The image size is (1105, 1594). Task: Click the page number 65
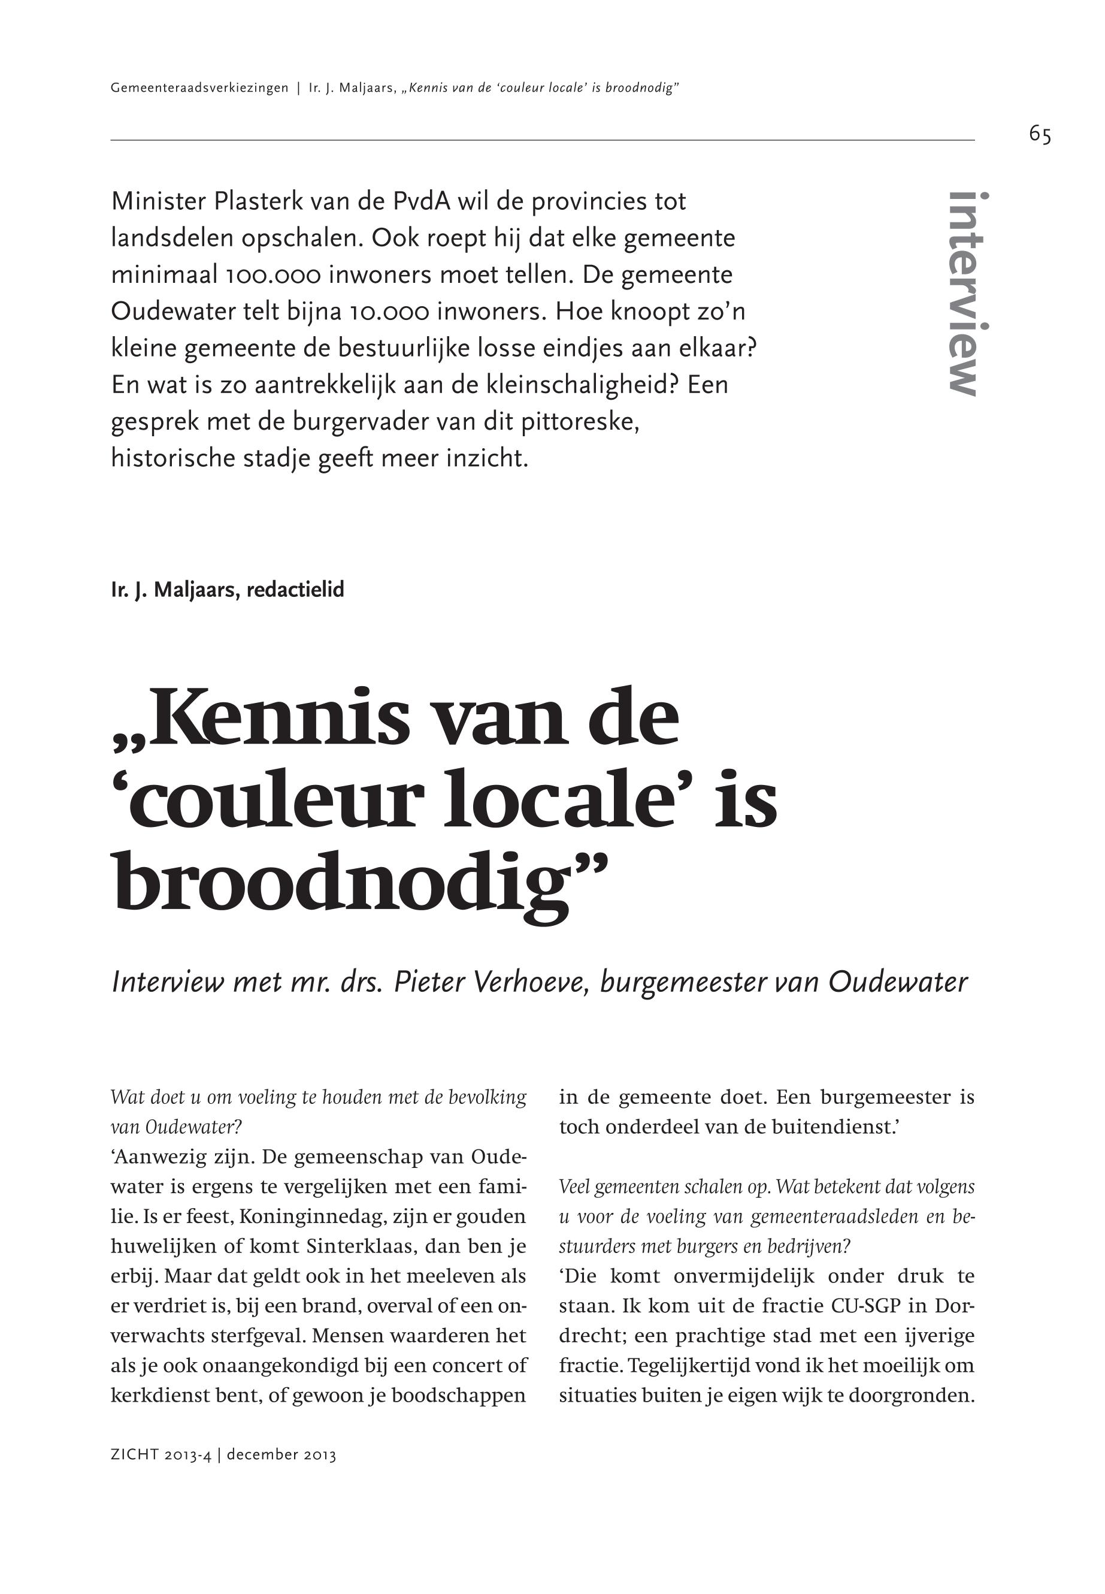point(1039,134)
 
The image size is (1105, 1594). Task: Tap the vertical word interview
point(968,294)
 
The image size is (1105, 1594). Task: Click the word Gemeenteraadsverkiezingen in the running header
point(199,88)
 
